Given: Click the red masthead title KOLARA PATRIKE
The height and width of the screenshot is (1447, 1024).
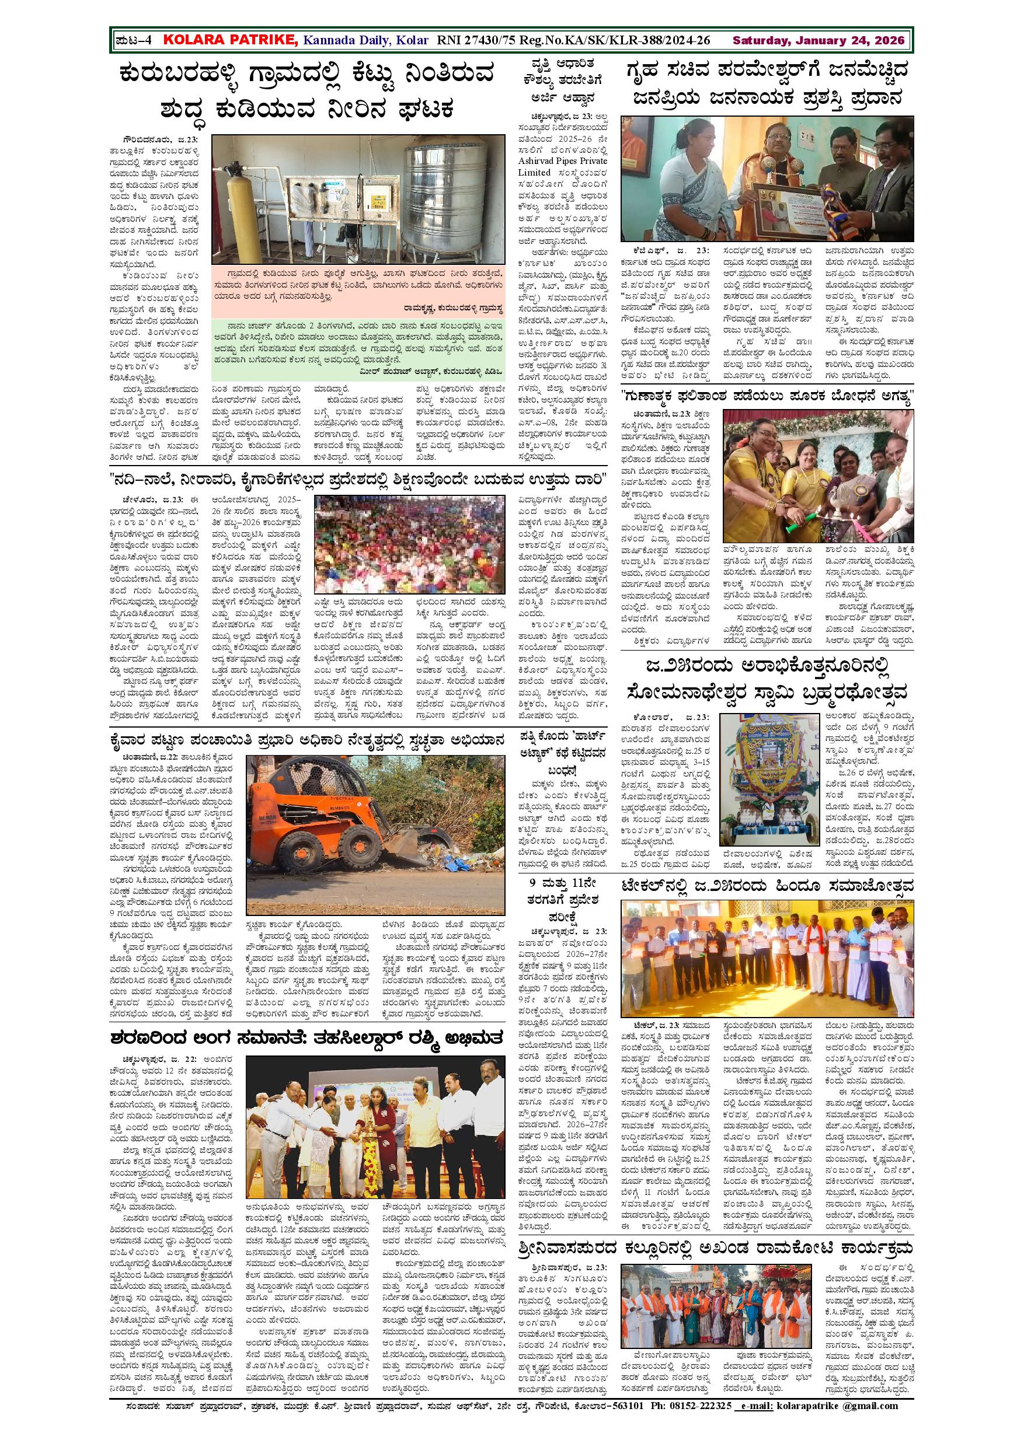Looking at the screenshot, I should [230, 40].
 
